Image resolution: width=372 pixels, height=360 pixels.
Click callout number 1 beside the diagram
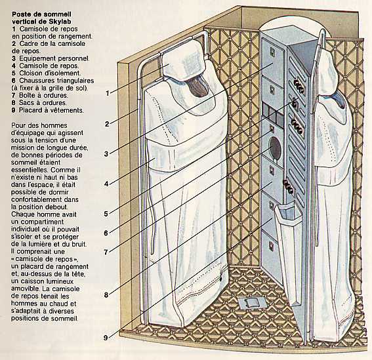click(x=108, y=93)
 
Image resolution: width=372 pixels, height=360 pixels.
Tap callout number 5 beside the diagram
click(x=106, y=214)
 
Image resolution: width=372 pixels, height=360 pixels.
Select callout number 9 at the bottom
click(x=106, y=338)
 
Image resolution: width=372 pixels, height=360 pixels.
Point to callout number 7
click(x=106, y=252)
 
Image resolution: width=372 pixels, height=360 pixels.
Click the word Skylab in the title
click(x=60, y=22)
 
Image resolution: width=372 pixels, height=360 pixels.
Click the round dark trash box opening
click(x=275, y=148)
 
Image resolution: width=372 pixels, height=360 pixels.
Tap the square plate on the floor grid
click(x=252, y=303)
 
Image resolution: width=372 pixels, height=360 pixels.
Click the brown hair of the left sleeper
click(x=199, y=87)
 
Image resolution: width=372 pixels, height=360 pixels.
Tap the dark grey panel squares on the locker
click(x=273, y=114)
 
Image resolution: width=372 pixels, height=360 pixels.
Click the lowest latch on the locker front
click(x=271, y=246)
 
